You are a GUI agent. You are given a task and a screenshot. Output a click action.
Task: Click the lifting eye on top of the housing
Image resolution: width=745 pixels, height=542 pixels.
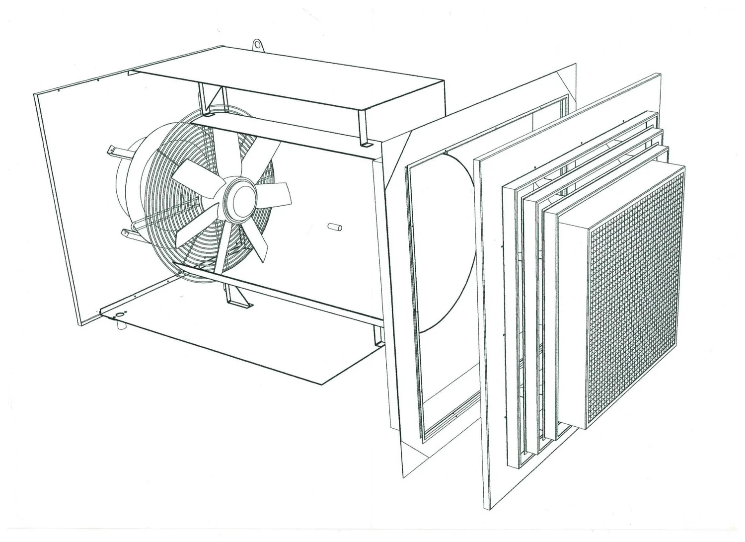tap(257, 45)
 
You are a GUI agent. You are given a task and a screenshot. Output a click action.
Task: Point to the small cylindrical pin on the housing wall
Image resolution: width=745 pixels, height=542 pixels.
tap(335, 228)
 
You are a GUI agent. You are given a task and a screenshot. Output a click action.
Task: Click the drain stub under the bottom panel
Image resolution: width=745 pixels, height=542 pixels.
tap(120, 325)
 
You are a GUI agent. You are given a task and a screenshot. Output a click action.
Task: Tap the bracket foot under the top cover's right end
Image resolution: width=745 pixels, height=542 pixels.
tap(366, 144)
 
